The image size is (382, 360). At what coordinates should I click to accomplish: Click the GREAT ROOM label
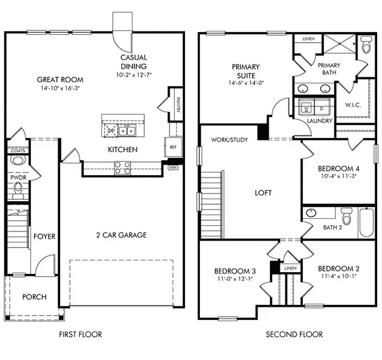point(60,80)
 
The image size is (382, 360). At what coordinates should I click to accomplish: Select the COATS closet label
point(16,150)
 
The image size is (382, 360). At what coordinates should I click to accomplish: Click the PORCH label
point(35,297)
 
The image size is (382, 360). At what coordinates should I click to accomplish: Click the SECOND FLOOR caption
point(294,335)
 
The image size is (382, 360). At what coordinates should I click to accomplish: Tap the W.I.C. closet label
point(354,105)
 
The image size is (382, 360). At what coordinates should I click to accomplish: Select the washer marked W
point(305,109)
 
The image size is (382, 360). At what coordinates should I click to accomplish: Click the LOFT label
point(264,193)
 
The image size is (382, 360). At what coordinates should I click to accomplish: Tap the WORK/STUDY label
point(230,140)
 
